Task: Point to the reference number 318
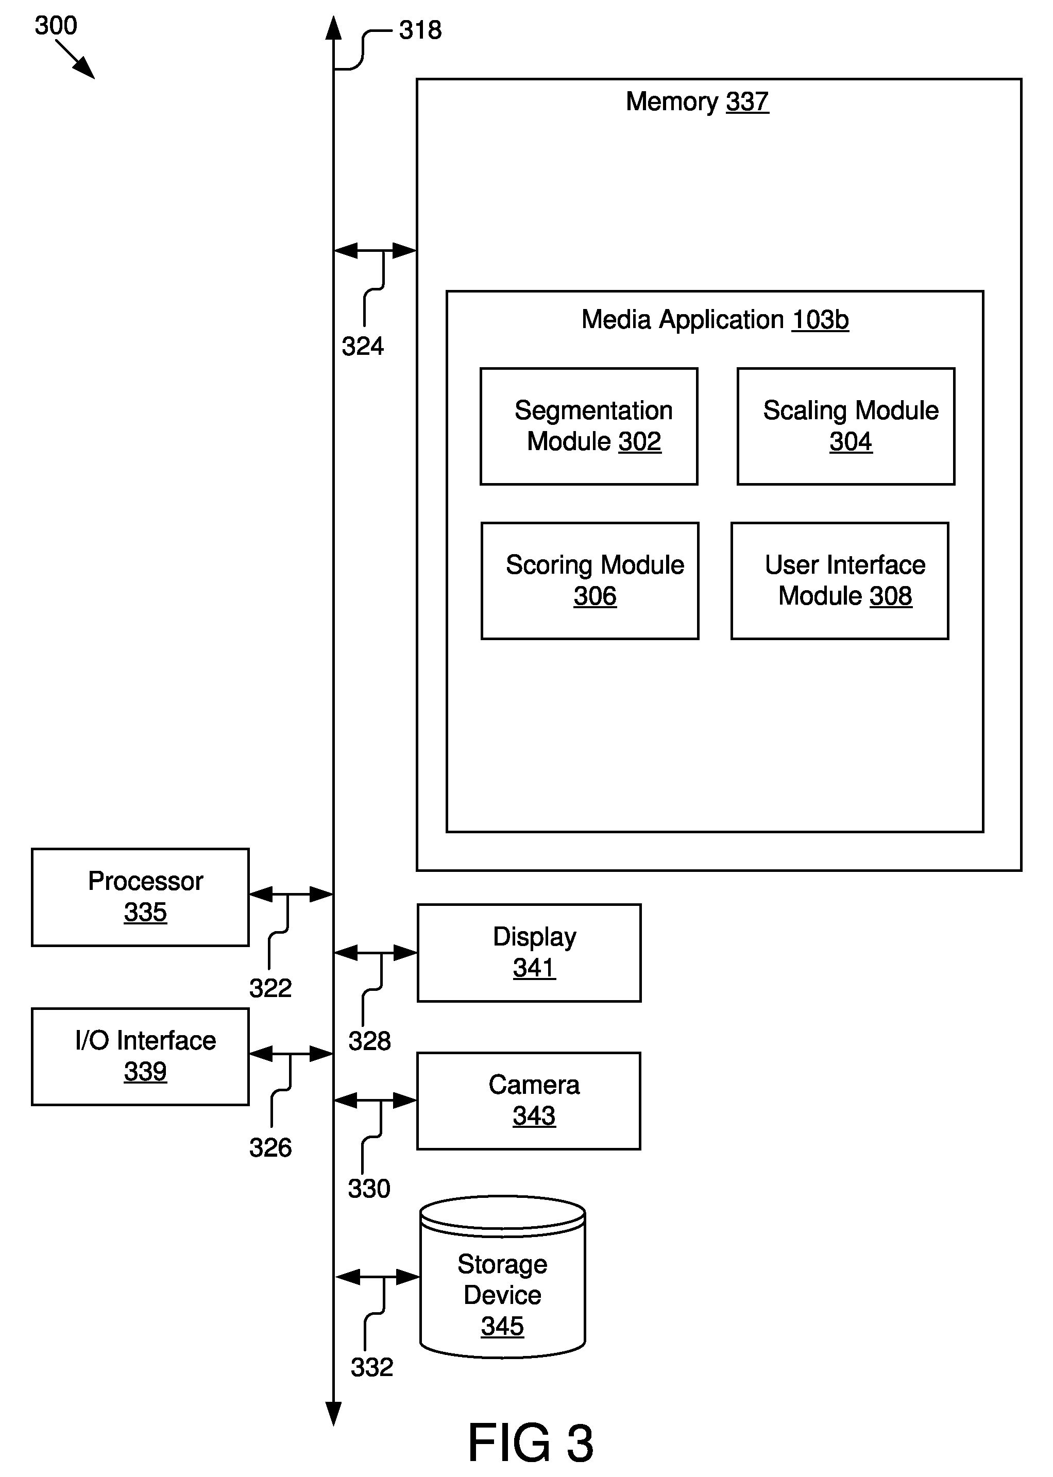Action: pos(420,30)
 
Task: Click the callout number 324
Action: pos(363,346)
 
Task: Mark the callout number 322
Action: pos(270,988)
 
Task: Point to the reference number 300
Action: pos(56,25)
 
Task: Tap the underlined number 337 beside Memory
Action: pos(747,102)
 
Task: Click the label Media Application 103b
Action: pos(715,319)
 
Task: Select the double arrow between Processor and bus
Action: pos(291,895)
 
